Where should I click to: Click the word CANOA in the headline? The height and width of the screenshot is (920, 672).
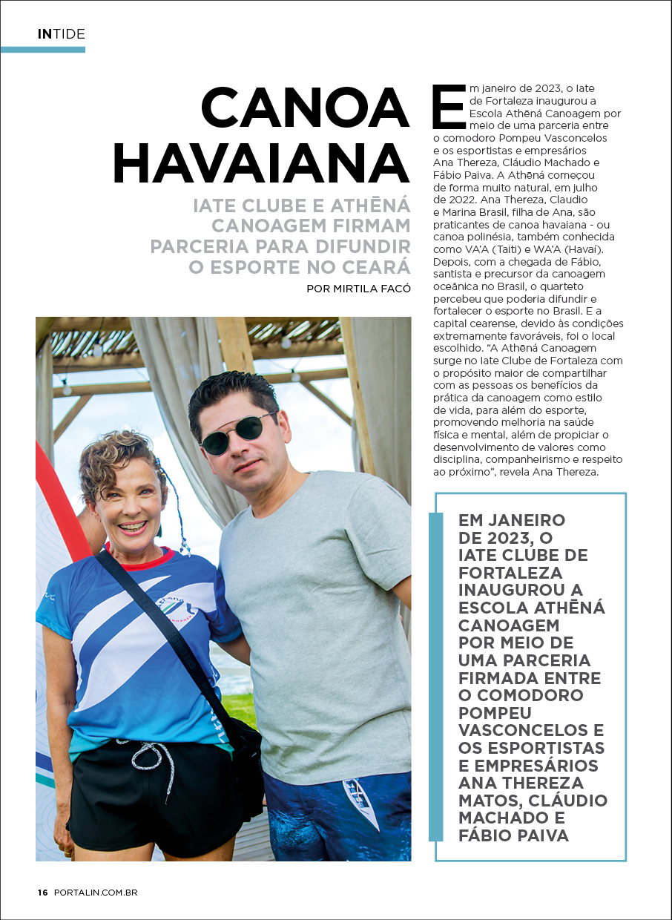(305, 108)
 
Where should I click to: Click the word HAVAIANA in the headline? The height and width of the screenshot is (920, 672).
(261, 164)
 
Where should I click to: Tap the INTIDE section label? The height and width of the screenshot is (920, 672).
(62, 33)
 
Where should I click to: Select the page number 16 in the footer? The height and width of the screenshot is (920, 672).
(43, 893)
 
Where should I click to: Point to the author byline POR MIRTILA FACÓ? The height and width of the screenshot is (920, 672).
(358, 289)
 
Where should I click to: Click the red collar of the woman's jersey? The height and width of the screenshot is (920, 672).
(145, 558)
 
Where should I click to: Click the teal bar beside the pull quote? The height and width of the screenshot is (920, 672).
(435, 675)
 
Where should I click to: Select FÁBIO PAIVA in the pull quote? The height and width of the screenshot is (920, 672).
(513, 836)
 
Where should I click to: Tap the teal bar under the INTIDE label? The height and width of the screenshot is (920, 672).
(43, 50)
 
